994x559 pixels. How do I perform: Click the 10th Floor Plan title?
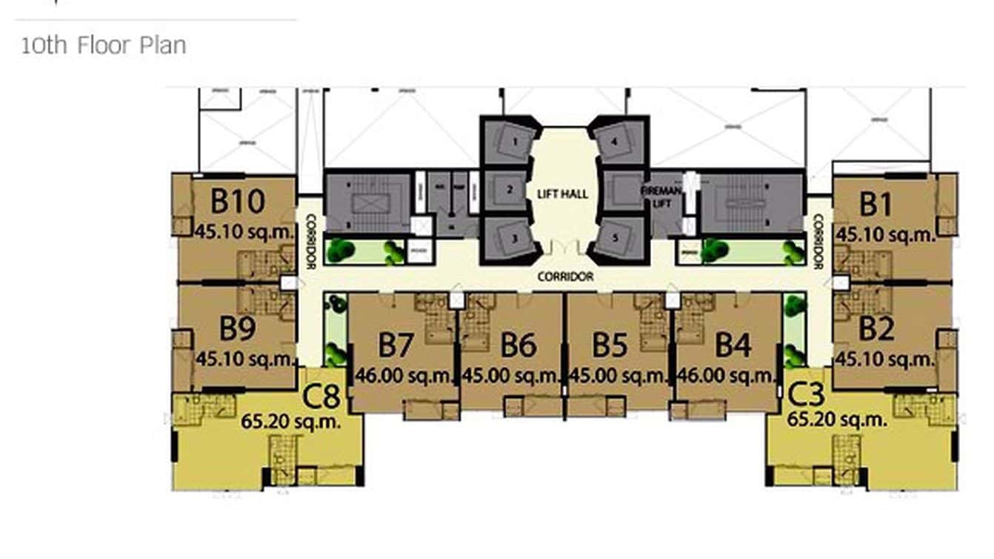(x=103, y=45)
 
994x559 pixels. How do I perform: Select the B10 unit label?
(x=237, y=201)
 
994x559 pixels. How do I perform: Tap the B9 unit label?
(x=238, y=327)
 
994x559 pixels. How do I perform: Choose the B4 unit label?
(x=733, y=346)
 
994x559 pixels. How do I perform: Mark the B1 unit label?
(x=876, y=202)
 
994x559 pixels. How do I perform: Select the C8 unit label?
(x=322, y=397)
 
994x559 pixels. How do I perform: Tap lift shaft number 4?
(x=616, y=140)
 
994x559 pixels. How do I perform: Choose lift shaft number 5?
(x=616, y=239)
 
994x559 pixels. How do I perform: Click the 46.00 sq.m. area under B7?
(x=404, y=376)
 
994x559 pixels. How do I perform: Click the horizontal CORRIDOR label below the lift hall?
(x=566, y=277)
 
